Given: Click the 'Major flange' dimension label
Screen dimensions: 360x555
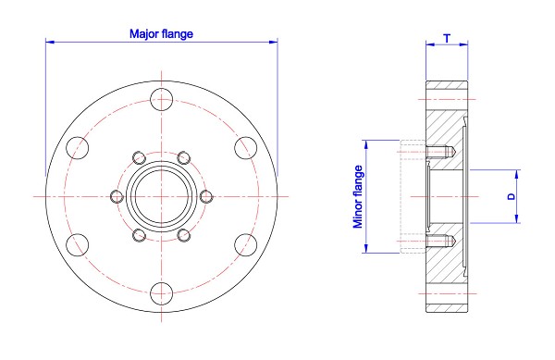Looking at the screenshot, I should tap(161, 33).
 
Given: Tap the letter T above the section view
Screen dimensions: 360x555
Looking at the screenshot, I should tap(448, 38).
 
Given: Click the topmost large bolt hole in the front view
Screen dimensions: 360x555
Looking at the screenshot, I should tap(162, 97).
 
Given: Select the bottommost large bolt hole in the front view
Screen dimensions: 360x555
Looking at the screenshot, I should tap(162, 293).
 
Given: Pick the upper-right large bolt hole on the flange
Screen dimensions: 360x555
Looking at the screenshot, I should tap(246, 146).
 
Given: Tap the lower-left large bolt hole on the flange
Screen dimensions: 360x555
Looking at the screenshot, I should tap(77, 245).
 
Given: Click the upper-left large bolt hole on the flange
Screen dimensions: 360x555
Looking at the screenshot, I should tap(77, 146).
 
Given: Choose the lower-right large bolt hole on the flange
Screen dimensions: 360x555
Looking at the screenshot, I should tap(246, 245).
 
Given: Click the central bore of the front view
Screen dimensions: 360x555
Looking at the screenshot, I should tap(162, 195).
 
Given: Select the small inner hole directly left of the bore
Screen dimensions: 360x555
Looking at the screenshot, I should tap(117, 195).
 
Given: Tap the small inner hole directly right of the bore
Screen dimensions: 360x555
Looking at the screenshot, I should tap(207, 195).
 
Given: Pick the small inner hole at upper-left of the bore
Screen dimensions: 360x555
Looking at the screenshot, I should tap(139, 156).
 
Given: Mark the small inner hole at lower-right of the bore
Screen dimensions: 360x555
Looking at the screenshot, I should tap(185, 235).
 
